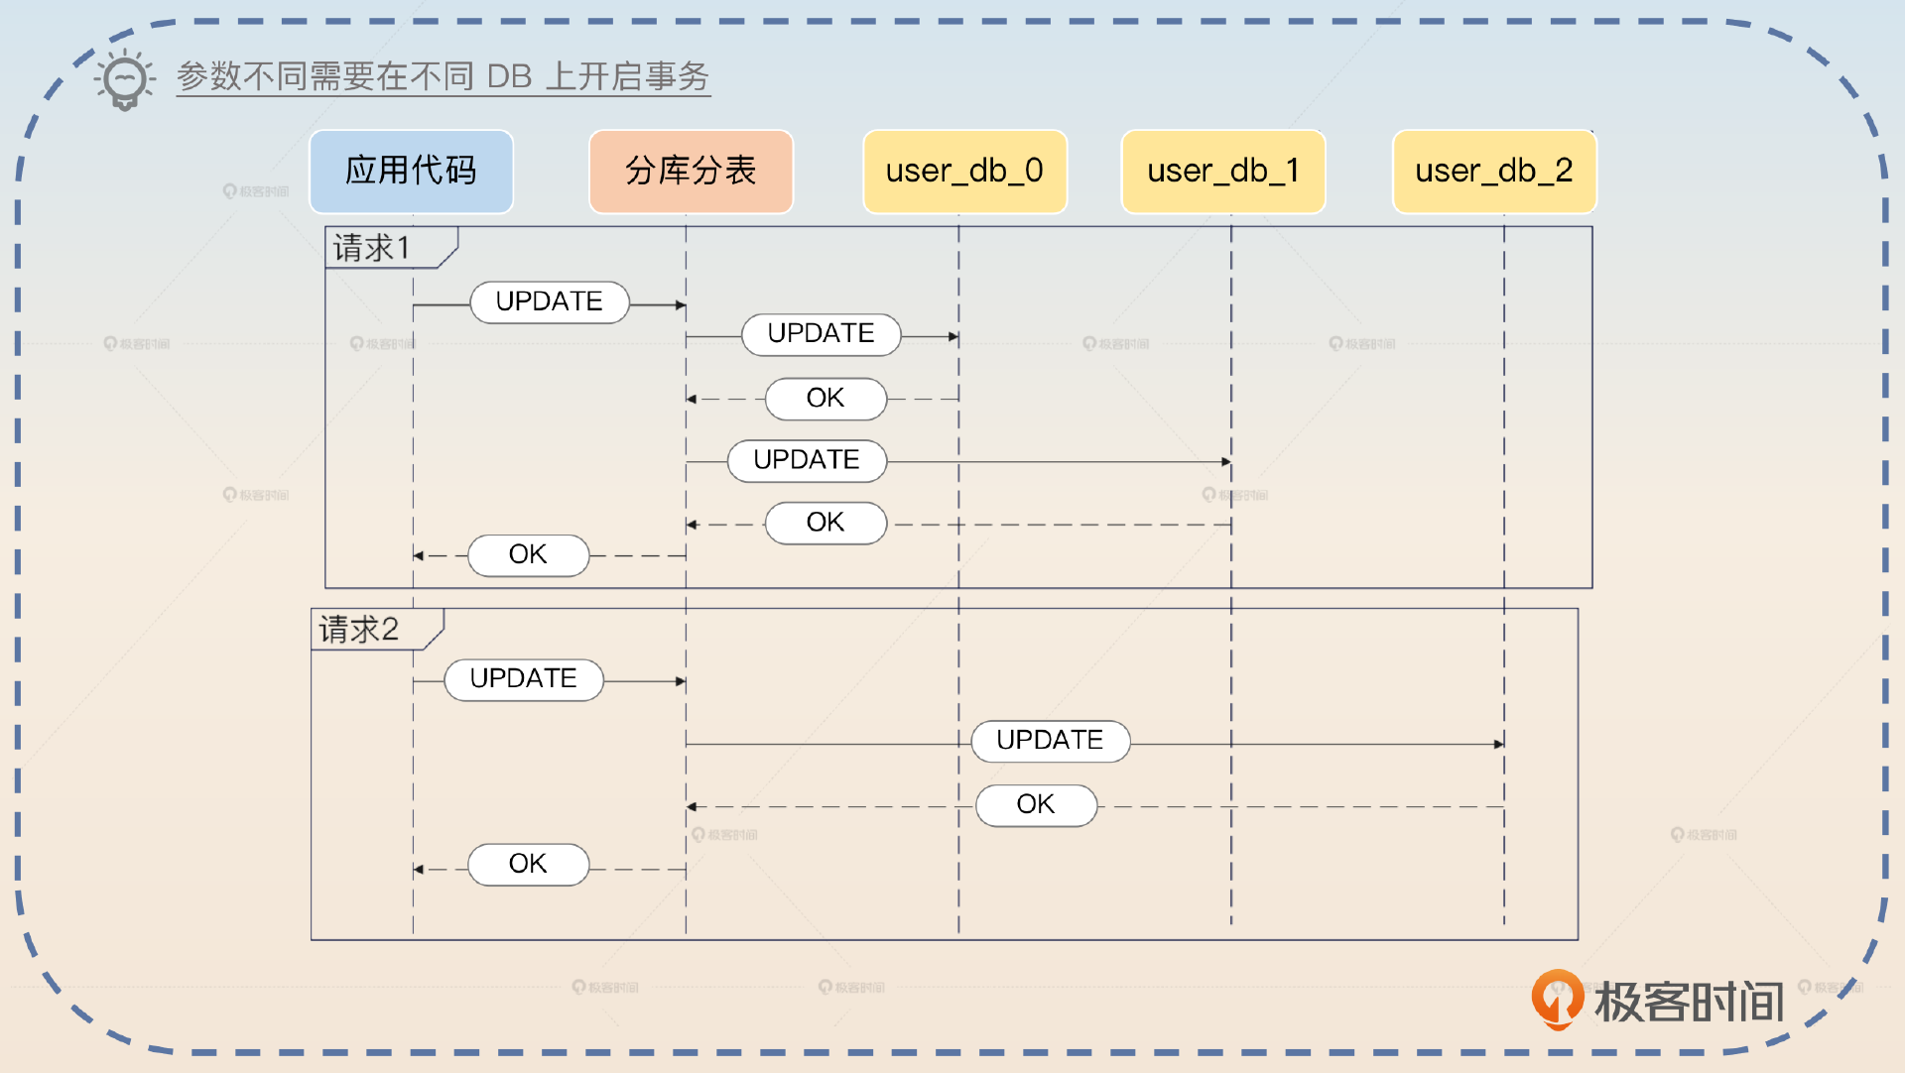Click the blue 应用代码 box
(x=411, y=171)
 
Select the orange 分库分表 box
(x=691, y=171)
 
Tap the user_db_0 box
(x=964, y=171)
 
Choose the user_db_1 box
(x=1222, y=171)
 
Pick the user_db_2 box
(x=1494, y=171)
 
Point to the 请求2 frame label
(x=359, y=630)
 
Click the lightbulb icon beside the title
(x=125, y=79)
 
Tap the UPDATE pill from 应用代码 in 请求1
(x=549, y=301)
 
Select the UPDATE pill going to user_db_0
(x=821, y=334)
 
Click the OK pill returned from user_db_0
(x=825, y=399)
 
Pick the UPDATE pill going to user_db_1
(x=807, y=460)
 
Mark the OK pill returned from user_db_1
(x=825, y=523)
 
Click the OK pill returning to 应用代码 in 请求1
(x=528, y=554)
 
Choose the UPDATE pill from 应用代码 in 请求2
(x=523, y=679)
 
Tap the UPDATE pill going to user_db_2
(x=1050, y=741)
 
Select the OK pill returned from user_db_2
(x=1036, y=804)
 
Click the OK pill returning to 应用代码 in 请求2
(x=528, y=864)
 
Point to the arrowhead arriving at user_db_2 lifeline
(x=1498, y=743)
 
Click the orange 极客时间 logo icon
(x=1557, y=998)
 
